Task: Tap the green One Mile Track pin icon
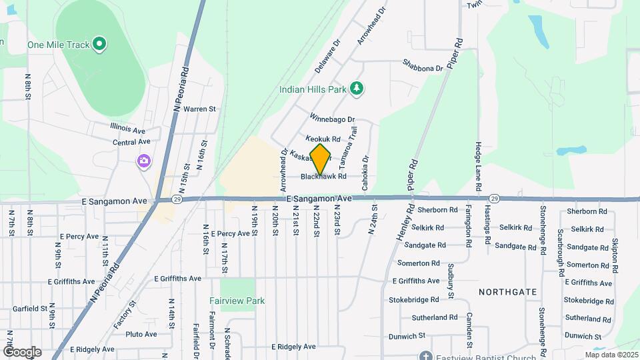click(100, 45)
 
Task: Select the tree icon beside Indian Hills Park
click(357, 88)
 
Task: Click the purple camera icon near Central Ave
click(143, 161)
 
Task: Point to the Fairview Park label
click(237, 301)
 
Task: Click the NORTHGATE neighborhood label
click(508, 292)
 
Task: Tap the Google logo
click(22, 352)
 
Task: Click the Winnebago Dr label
click(331, 119)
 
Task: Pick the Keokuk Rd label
click(323, 139)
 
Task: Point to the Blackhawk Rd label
click(323, 177)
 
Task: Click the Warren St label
click(200, 108)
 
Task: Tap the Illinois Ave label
click(128, 129)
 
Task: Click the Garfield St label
click(23, 309)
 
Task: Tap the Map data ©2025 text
click(611, 355)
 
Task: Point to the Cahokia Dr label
click(365, 173)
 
